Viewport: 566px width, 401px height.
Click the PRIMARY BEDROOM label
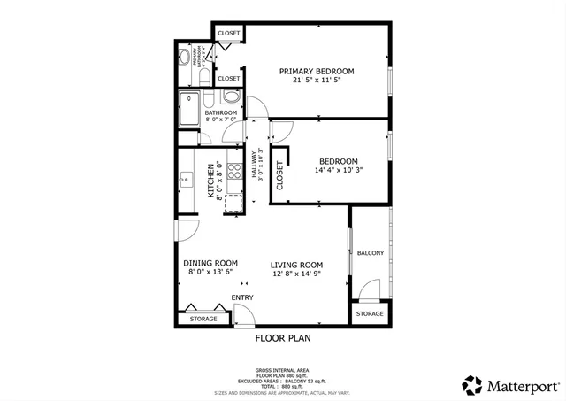[x=317, y=71]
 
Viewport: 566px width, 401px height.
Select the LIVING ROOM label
[x=296, y=265]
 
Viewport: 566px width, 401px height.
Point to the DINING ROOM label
[x=210, y=263]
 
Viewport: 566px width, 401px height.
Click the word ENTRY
[x=242, y=297]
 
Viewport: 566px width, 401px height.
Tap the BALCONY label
[x=370, y=253]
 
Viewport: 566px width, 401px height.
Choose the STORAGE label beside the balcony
[x=370, y=313]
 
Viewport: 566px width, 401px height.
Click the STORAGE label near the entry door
[x=203, y=317]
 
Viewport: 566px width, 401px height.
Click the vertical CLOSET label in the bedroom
[x=279, y=175]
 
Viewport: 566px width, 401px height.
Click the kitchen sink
[x=187, y=180]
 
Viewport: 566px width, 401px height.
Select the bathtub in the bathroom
[x=189, y=111]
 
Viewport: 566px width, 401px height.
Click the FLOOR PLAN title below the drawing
[x=283, y=337]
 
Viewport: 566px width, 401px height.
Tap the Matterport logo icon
[x=473, y=385]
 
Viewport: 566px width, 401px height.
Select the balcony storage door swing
[x=371, y=290]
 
